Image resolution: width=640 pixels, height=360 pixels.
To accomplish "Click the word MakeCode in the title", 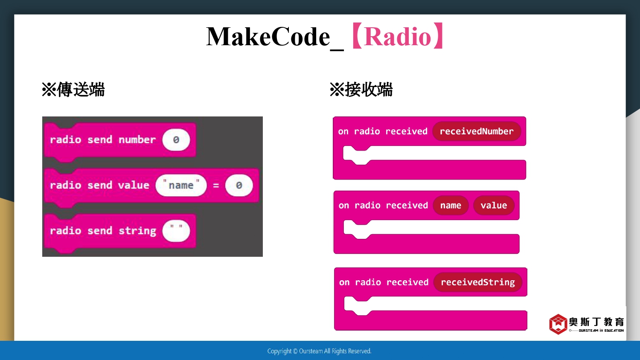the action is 268,37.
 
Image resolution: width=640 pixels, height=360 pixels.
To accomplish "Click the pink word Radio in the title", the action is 397,37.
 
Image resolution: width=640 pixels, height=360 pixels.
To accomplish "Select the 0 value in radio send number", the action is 176,140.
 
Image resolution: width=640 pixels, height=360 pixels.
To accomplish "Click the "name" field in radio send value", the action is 181,185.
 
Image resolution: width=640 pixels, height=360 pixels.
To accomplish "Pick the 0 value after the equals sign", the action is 239,185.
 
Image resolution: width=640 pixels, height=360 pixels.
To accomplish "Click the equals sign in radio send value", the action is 216,186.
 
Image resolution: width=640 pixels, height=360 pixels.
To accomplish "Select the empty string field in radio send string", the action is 176,231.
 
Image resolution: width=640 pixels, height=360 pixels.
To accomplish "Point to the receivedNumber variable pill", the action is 477,131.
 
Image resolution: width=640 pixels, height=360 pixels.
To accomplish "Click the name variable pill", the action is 451,205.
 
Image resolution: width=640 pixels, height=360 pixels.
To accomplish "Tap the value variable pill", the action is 494,205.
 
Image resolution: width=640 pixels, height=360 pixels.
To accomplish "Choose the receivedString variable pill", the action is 478,282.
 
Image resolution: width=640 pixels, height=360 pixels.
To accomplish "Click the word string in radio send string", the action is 137,231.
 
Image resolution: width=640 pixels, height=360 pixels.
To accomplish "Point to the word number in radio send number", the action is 137,140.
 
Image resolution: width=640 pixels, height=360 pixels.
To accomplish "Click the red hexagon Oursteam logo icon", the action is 558,324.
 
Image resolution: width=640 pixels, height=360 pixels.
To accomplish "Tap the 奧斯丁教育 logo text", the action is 596,322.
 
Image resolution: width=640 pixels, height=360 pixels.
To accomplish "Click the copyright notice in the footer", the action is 319,351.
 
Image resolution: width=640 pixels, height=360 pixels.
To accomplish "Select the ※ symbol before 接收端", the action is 337,90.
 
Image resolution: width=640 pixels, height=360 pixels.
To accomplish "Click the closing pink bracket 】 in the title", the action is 438,36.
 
